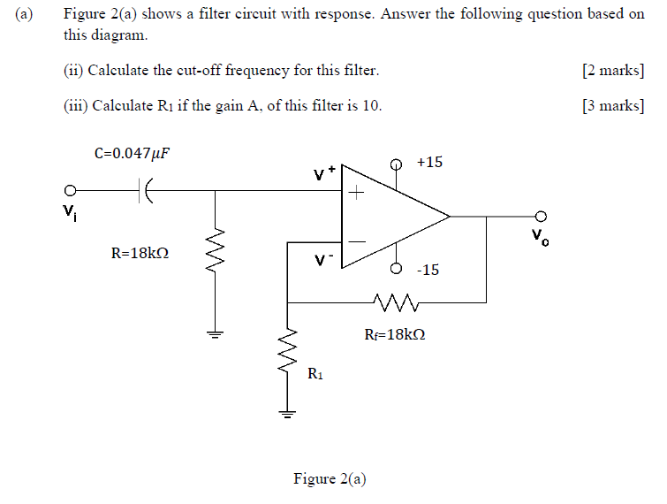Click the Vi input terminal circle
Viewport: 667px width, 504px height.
click(68, 189)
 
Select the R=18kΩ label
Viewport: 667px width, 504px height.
click(140, 253)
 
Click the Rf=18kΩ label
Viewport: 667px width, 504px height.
click(395, 335)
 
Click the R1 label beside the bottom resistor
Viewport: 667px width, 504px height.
click(315, 375)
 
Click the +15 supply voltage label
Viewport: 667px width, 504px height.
click(430, 162)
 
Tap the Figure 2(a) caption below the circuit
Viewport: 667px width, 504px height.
click(330, 478)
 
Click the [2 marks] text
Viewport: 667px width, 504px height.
click(613, 71)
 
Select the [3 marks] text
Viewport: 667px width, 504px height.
click(613, 106)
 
